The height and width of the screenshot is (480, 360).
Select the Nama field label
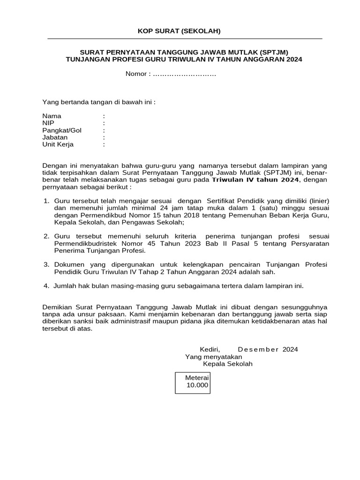(x=52, y=116)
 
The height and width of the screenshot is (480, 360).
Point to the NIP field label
(x=48, y=123)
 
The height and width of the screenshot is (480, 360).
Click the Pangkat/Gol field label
(x=62, y=130)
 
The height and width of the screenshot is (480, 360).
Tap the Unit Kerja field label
(x=58, y=144)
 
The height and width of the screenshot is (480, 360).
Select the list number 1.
(x=46, y=201)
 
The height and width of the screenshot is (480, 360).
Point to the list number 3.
(x=46, y=264)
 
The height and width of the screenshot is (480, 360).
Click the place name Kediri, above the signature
(x=210, y=349)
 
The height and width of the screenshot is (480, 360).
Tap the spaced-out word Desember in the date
(x=258, y=349)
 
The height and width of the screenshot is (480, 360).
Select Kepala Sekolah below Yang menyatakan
(x=227, y=364)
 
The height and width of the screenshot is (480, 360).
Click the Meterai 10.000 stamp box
(x=192, y=382)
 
